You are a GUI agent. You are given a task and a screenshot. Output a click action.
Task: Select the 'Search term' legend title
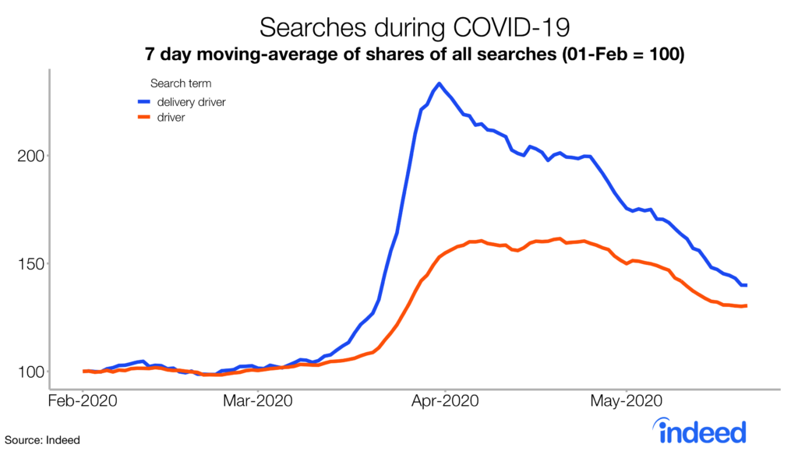click(x=180, y=83)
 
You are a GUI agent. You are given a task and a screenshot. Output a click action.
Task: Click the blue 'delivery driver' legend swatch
click(x=145, y=101)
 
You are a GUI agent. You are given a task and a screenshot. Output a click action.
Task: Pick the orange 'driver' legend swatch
click(x=145, y=117)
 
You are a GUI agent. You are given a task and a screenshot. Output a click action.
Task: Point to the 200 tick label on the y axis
click(x=30, y=156)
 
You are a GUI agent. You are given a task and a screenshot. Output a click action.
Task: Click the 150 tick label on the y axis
click(x=30, y=263)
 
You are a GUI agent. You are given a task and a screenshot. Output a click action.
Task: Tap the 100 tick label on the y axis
click(x=30, y=372)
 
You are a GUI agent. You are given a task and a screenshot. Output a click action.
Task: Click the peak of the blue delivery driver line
click(x=440, y=83)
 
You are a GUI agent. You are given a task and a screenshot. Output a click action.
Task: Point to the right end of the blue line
click(x=747, y=285)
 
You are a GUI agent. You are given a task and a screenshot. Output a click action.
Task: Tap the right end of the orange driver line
click(x=747, y=305)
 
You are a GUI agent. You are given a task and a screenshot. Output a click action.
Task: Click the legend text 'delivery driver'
click(x=192, y=101)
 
